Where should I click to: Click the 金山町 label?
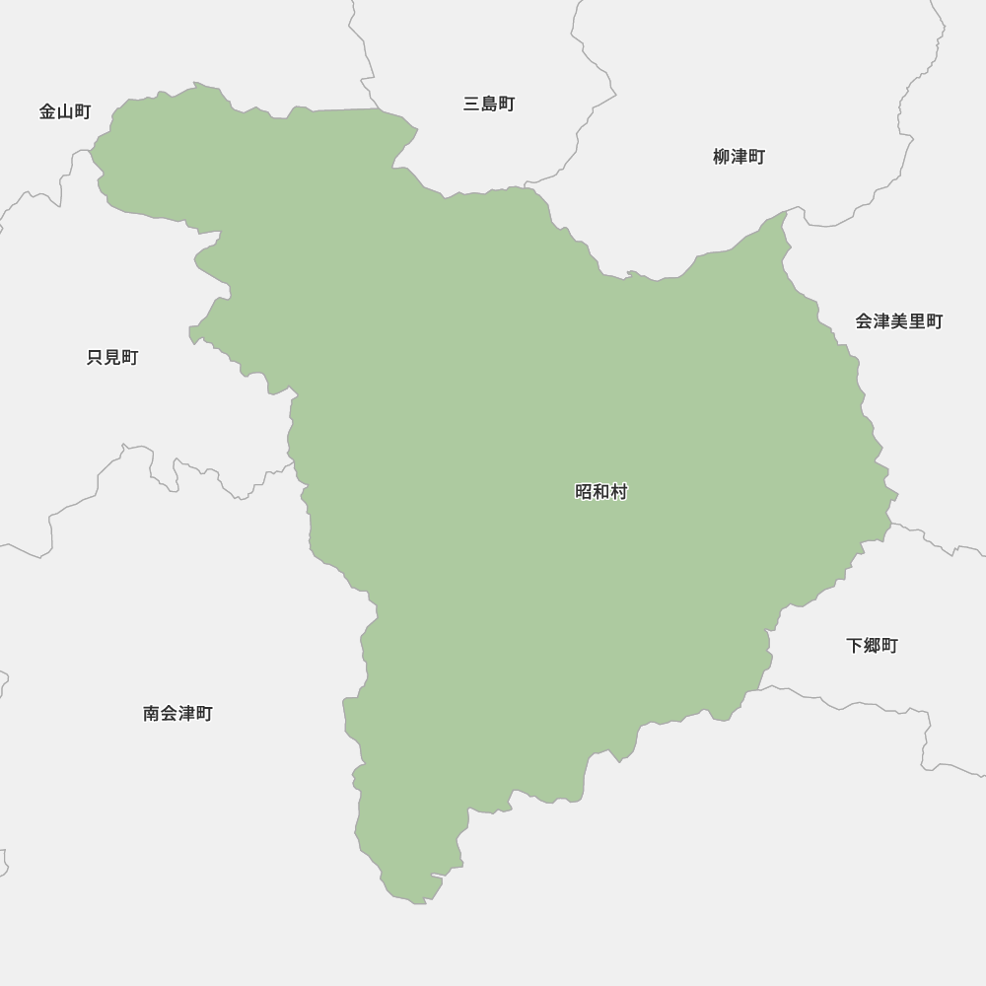pos(65,111)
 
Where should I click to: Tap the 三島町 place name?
pos(489,104)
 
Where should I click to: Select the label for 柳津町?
pos(739,157)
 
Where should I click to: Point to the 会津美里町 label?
pos(898,321)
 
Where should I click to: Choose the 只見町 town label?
pos(112,358)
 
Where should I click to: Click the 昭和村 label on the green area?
pos(601,491)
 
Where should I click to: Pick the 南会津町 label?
pos(177,713)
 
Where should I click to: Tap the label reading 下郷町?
pos(872,646)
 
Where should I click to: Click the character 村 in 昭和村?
pos(619,491)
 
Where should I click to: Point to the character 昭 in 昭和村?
pos(584,491)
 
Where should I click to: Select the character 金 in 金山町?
pos(48,111)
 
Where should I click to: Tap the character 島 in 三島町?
pos(489,104)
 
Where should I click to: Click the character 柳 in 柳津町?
pos(722,157)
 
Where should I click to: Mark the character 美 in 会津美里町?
pos(898,321)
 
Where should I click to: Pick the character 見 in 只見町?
pos(112,358)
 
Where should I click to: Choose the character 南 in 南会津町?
pos(152,713)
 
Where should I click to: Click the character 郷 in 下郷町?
pos(872,646)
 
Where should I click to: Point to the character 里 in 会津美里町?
pos(916,321)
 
